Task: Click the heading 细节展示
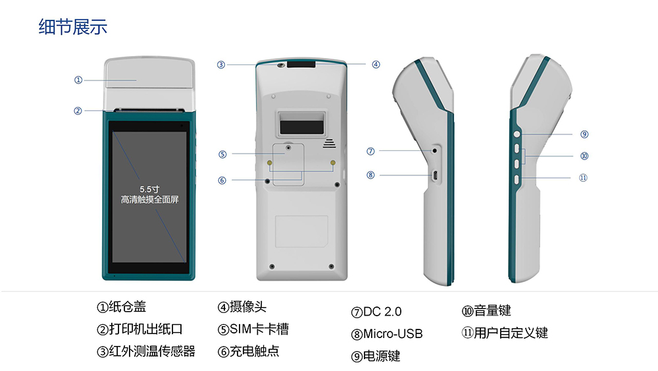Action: (x=73, y=28)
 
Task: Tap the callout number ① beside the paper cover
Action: (x=78, y=80)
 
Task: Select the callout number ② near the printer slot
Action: (x=78, y=111)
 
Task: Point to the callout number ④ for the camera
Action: (x=376, y=65)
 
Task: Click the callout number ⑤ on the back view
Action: (x=223, y=154)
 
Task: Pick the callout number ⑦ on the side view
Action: (x=371, y=152)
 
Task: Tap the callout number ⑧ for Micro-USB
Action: (x=371, y=175)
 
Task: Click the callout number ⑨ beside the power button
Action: (x=584, y=134)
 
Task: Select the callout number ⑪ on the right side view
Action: (x=583, y=177)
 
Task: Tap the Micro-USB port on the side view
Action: (x=434, y=175)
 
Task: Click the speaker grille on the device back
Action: (x=329, y=142)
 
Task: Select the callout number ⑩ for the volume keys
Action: (x=584, y=156)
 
